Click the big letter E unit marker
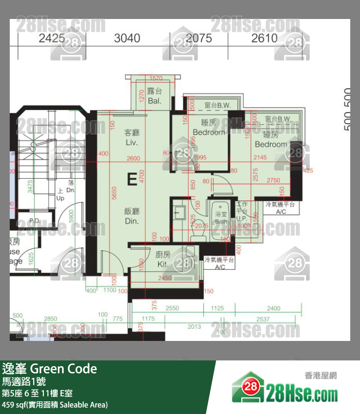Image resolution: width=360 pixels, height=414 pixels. click(x=131, y=179)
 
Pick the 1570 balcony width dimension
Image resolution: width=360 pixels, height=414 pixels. click(x=156, y=78)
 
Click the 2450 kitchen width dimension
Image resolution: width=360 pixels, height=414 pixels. click(x=164, y=278)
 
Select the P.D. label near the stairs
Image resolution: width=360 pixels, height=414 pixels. click(x=34, y=221)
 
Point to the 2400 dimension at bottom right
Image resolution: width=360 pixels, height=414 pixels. click(x=274, y=308)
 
